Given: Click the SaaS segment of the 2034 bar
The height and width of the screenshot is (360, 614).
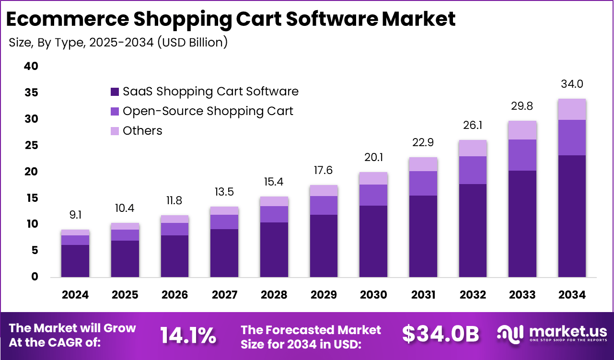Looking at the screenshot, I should tap(572, 216).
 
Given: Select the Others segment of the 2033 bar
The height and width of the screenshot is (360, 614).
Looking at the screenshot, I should tap(522, 130).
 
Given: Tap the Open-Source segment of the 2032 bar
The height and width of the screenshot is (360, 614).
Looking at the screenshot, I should tap(472, 170).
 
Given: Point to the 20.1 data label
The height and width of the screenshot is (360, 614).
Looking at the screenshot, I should tap(373, 158).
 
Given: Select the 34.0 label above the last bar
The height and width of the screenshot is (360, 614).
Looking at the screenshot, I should tap(572, 84).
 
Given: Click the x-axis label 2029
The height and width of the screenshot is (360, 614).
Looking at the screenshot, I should tap(324, 294).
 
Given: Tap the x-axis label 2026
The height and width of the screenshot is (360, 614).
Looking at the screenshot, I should tap(174, 294).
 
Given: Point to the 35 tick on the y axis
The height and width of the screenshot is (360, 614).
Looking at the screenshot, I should tap(31, 93).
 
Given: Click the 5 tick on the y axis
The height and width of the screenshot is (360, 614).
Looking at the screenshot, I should tap(35, 251).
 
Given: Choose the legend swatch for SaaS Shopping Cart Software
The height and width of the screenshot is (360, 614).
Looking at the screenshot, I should tap(115, 92).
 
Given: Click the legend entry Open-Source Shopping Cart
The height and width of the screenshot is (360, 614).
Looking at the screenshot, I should tap(208, 111).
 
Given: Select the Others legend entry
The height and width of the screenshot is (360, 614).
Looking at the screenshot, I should tap(142, 131).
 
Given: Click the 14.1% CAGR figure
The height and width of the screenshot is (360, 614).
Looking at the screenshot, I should tap(188, 335).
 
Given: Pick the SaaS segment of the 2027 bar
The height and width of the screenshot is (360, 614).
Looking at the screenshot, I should tap(224, 253).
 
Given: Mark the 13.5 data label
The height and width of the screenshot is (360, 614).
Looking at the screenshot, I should tap(224, 192).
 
